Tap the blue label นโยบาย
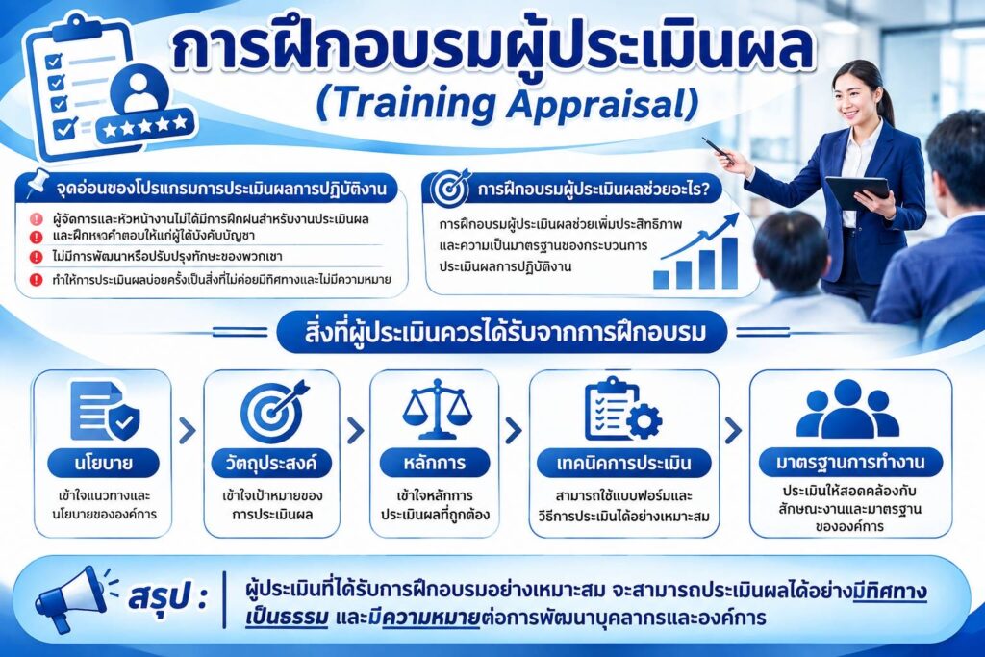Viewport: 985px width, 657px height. [x=103, y=463]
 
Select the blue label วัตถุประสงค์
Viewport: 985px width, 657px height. [x=271, y=463]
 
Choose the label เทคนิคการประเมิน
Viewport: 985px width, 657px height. [x=623, y=463]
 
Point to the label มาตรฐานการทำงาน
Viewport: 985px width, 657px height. [x=850, y=463]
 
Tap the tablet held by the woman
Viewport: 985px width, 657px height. [x=856, y=192]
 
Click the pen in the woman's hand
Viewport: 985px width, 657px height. [x=718, y=151]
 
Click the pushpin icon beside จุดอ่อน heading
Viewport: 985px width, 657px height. [x=38, y=183]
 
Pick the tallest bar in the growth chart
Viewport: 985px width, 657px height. [x=729, y=263]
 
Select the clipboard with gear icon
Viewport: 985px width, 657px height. [x=622, y=409]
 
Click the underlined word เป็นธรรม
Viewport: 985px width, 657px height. [x=287, y=619]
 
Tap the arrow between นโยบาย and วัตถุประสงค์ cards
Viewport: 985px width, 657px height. [x=187, y=431]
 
